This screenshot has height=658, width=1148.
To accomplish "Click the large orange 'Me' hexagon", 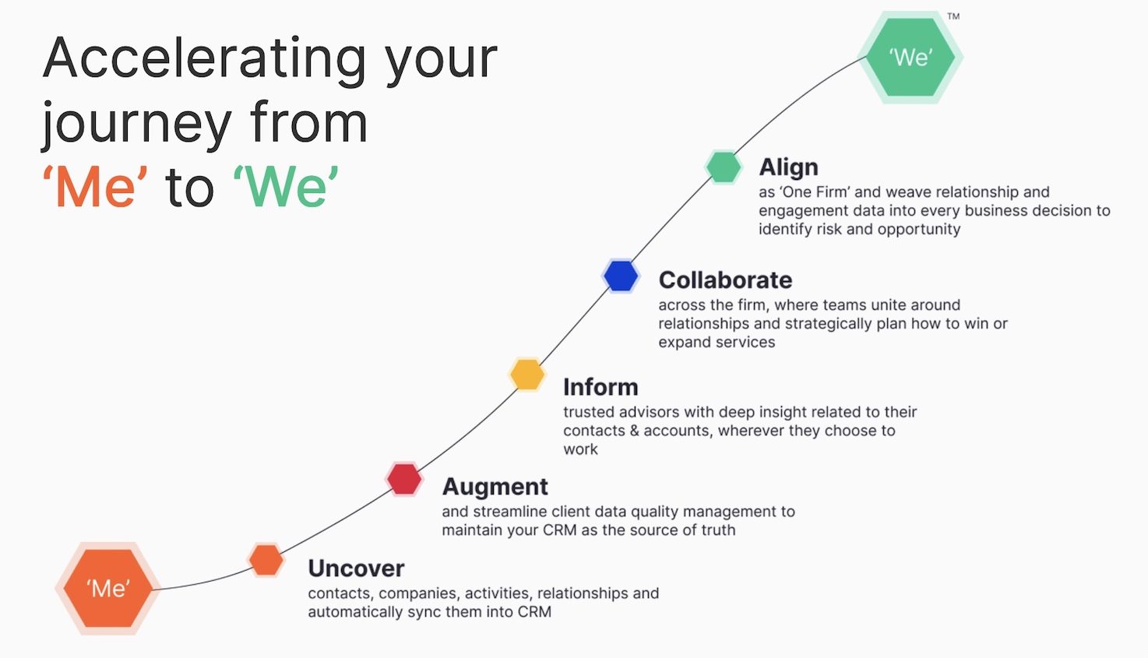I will click(108, 588).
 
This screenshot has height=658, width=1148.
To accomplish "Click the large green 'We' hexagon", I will click(910, 57).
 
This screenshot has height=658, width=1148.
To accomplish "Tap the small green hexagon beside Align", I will click(723, 167).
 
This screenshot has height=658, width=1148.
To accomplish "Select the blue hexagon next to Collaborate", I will click(621, 276).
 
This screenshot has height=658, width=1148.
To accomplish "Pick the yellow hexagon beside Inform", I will click(526, 375).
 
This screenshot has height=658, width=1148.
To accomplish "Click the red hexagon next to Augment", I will click(404, 479).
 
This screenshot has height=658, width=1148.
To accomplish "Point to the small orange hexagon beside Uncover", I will click(266, 560).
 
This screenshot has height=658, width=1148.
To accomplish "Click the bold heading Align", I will click(788, 167).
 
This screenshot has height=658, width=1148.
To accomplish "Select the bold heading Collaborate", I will click(725, 280).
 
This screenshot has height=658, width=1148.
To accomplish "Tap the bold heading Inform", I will click(600, 387).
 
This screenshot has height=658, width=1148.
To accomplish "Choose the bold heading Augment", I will click(495, 487).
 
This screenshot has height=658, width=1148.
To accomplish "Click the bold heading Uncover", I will click(356, 568).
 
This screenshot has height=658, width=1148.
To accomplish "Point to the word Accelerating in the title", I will click(204, 58).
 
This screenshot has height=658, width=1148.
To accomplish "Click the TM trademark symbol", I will click(953, 16).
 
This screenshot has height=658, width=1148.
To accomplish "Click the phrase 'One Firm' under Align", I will click(815, 192).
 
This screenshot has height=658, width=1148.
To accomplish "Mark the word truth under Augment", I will click(717, 530).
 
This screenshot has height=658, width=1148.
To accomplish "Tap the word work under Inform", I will click(580, 449).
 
